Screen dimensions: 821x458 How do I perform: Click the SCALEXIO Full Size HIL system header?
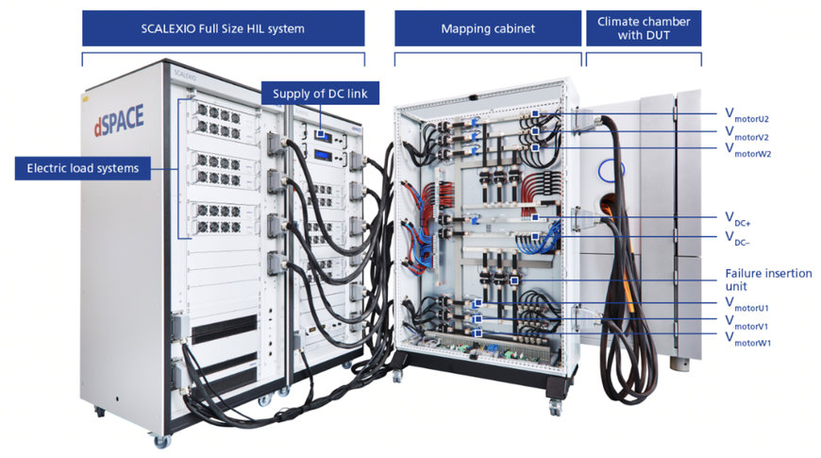click(x=223, y=28)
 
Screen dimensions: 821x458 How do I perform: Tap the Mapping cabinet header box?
click(x=488, y=28)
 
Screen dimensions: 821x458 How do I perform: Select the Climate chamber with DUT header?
click(x=644, y=28)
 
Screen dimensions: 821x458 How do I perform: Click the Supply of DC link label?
click(x=320, y=93)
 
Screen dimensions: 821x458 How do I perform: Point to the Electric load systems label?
click(x=83, y=168)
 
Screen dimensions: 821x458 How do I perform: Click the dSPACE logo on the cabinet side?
click(x=119, y=120)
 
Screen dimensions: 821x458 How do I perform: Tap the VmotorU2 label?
click(x=746, y=115)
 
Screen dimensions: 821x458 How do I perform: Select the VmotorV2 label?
click(x=746, y=133)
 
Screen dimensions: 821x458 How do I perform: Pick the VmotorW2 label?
click(x=747, y=150)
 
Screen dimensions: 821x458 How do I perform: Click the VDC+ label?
click(x=738, y=218)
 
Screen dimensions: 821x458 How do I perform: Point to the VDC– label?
click(x=738, y=238)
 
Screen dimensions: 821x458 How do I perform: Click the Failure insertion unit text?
click(x=768, y=280)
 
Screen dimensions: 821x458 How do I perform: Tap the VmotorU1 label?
click(x=746, y=304)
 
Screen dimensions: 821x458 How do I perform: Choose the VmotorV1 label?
click(x=746, y=322)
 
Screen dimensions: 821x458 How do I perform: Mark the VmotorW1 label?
click(x=747, y=338)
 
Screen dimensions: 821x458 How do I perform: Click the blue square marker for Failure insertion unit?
click(x=514, y=280)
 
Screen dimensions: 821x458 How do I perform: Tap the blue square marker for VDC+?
click(x=534, y=217)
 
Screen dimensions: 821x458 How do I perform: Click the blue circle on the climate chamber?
click(x=612, y=170)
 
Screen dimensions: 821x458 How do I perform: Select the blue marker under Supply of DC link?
click(x=321, y=134)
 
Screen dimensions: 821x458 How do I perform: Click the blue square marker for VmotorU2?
click(x=534, y=113)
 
